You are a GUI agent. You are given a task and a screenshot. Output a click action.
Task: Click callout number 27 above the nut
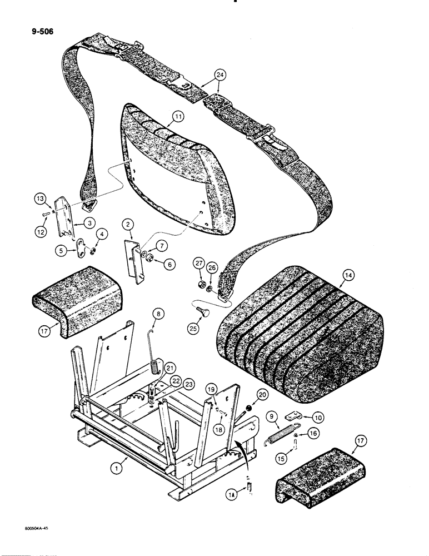click(199, 263)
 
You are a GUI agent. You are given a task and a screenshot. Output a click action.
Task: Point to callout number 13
click(40, 198)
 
